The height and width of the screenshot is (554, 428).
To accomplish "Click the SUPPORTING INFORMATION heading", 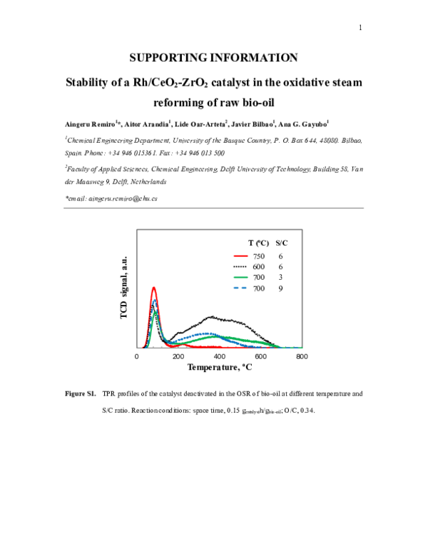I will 214,58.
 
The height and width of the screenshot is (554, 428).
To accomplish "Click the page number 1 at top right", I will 361,28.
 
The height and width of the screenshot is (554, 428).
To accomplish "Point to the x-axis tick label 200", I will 178,356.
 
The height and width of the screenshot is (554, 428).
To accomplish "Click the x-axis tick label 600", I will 260,356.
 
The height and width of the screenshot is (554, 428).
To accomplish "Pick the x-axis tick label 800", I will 302,356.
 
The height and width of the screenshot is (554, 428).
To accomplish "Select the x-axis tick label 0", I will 136,356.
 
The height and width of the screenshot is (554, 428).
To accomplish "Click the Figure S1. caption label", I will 81,393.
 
